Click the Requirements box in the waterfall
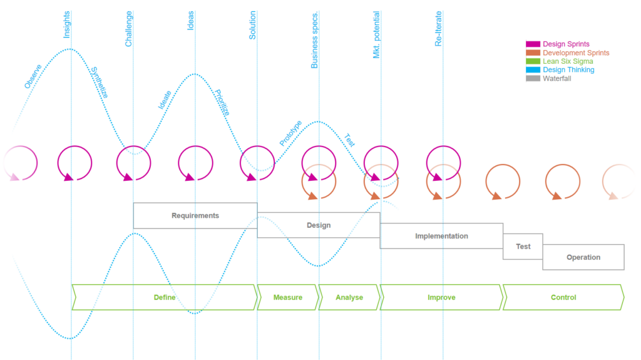pyautogui.click(x=195, y=215)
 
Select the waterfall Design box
pyautogui.click(x=319, y=225)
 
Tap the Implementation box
pyautogui.click(x=441, y=236)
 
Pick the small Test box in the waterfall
pyautogui.click(x=523, y=246)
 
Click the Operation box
pyautogui.click(x=583, y=257)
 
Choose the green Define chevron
pyautogui.click(x=165, y=297)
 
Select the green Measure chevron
pyautogui.click(x=288, y=297)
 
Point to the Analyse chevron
pyautogui.click(x=349, y=297)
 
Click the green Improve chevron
pyautogui.click(x=441, y=297)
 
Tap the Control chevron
pyautogui.click(x=563, y=297)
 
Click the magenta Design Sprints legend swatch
pyautogui.click(x=533, y=44)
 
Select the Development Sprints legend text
pyautogui.click(x=576, y=53)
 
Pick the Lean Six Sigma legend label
pyautogui.click(x=568, y=61)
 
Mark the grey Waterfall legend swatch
pyautogui.click(x=533, y=78)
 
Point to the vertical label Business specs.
pyautogui.click(x=315, y=39)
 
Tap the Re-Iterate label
pyautogui.click(x=438, y=28)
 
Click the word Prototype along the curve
pyautogui.click(x=290, y=133)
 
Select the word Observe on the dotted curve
pyautogui.click(x=33, y=76)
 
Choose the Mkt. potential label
pyautogui.click(x=377, y=34)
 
